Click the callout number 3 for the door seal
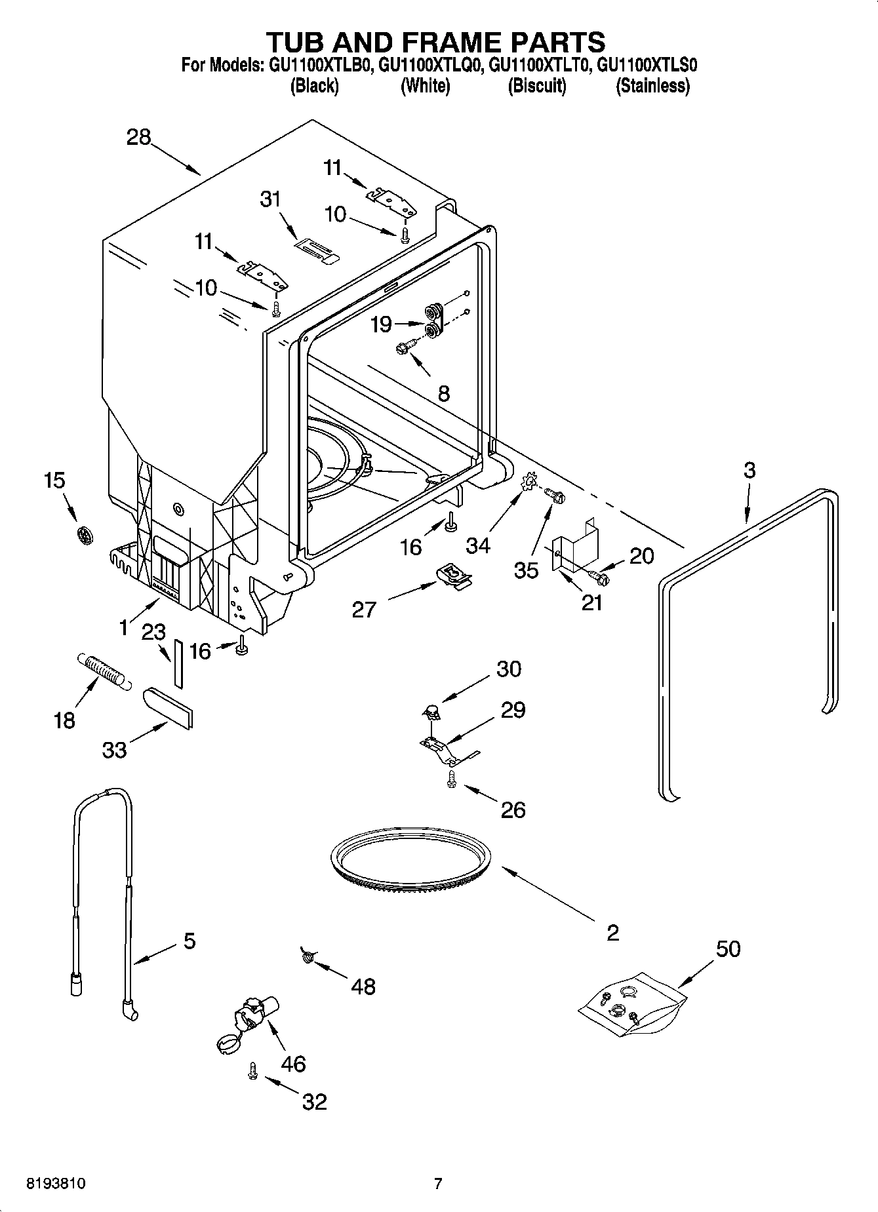pyautogui.click(x=749, y=470)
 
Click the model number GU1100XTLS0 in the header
pyautogui.click(x=647, y=65)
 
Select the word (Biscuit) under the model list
pyautogui.click(x=536, y=86)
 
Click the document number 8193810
pyautogui.click(x=56, y=1183)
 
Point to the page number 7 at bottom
pyautogui.click(x=438, y=1183)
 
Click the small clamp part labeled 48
pyautogui.click(x=306, y=956)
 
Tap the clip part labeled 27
pyautogui.click(x=454, y=576)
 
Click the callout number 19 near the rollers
pyautogui.click(x=381, y=324)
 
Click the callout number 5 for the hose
pyautogui.click(x=189, y=942)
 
